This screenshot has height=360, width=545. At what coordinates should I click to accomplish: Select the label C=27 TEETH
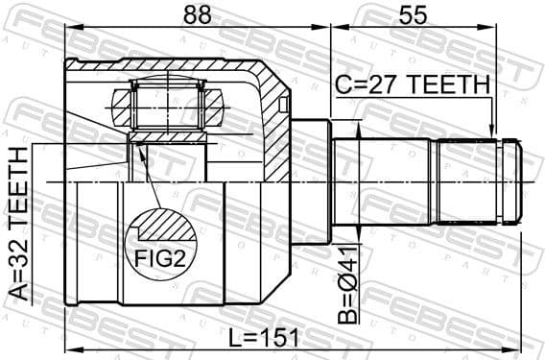pos(412,85)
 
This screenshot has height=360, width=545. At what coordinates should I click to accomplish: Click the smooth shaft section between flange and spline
pos(384,183)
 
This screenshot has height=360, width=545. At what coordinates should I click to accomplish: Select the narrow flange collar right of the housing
pos(311,183)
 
